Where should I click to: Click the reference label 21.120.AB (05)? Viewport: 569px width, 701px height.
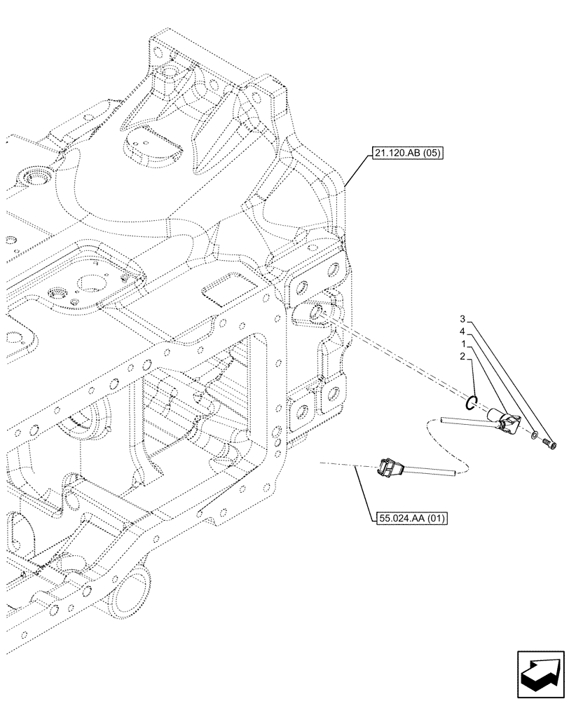tap(404, 154)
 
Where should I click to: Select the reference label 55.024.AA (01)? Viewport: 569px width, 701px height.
tap(408, 519)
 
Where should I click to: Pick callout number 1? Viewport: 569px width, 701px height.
tap(464, 343)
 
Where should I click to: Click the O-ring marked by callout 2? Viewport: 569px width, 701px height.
tap(473, 402)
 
